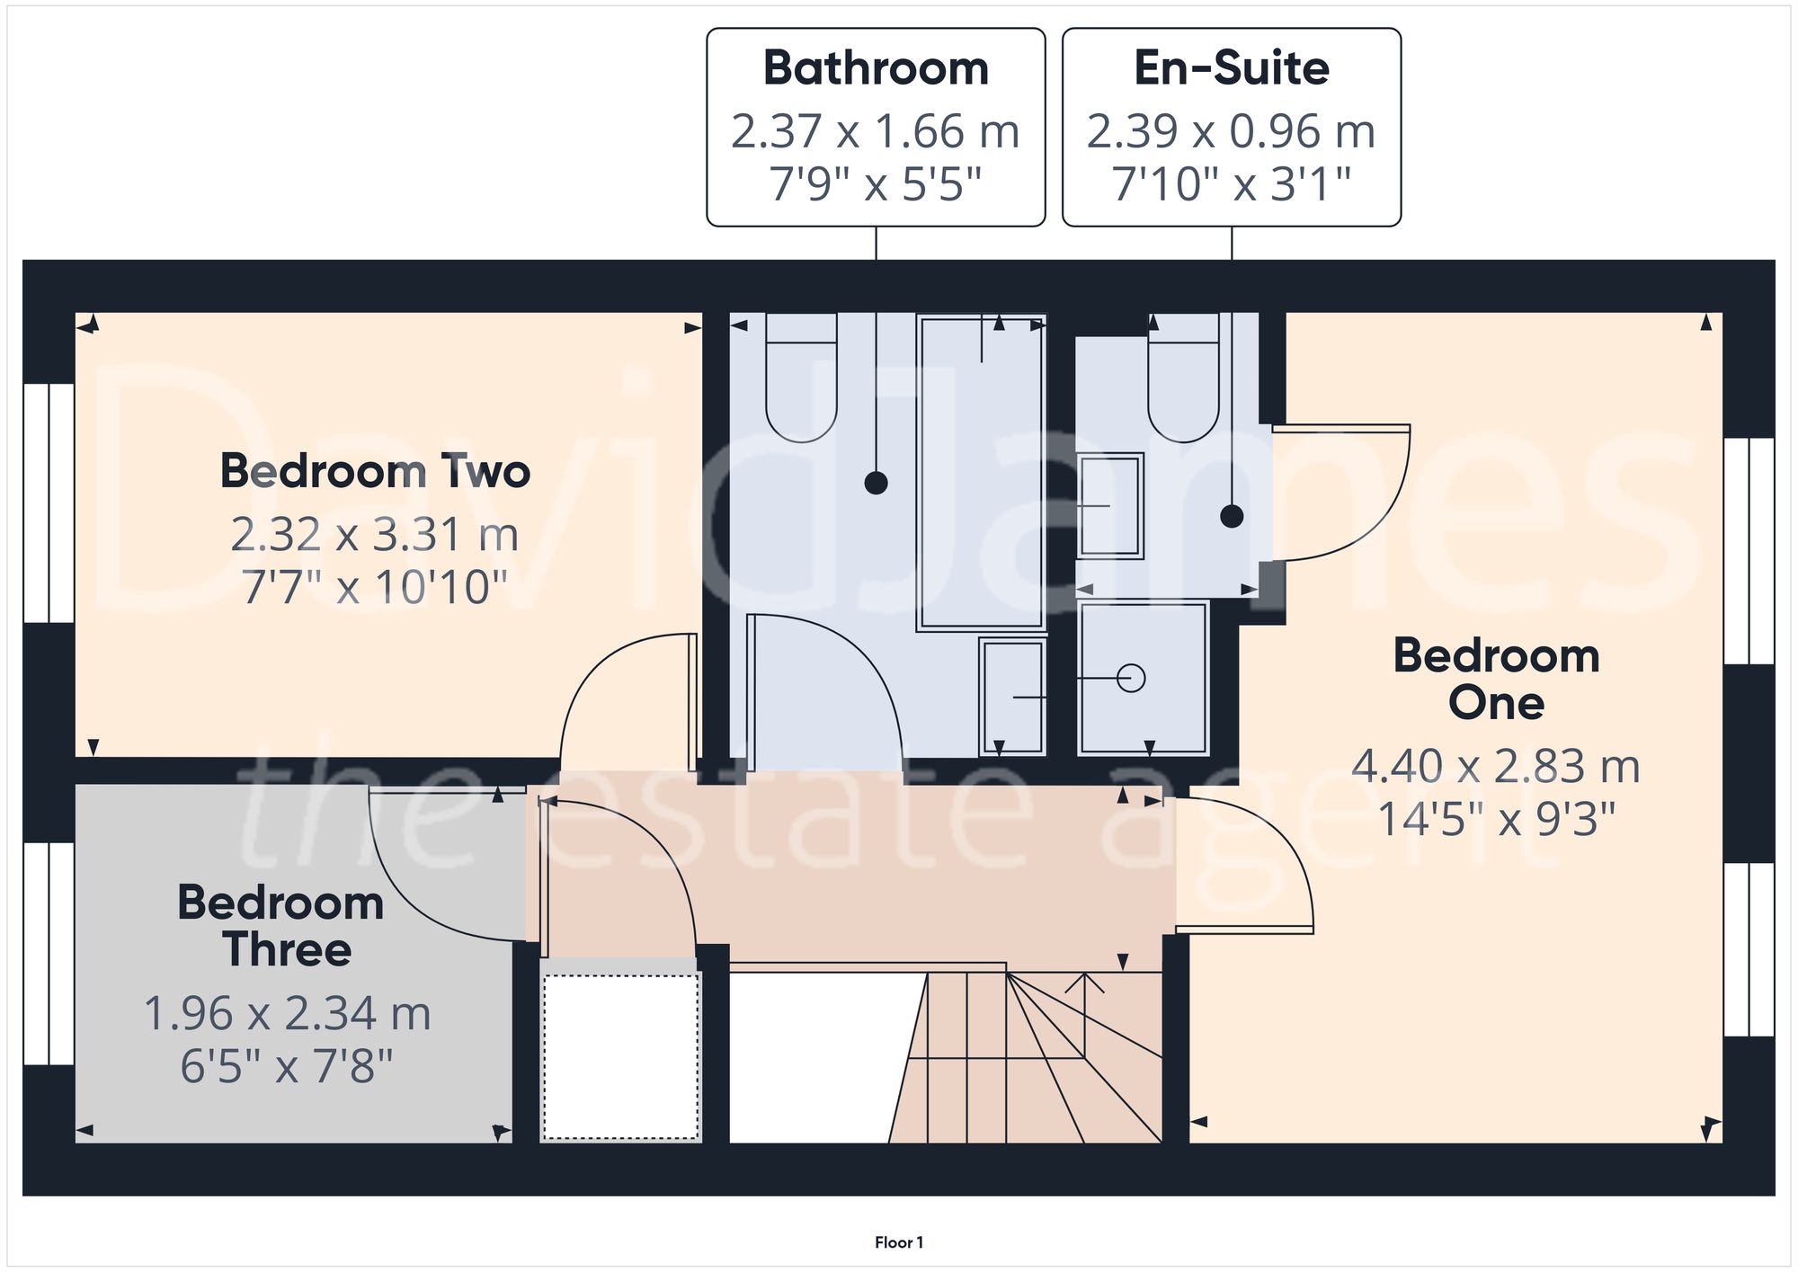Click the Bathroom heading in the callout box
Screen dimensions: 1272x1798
[x=876, y=68]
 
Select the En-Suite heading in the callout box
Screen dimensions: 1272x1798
[x=1231, y=68]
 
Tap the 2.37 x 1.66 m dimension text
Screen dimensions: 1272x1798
[x=875, y=131]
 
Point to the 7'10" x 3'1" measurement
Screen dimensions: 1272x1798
[x=1231, y=184]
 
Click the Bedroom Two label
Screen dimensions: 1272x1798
[x=375, y=471]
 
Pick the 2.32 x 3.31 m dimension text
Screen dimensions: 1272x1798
[x=375, y=535]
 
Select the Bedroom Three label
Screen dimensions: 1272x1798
[x=281, y=926]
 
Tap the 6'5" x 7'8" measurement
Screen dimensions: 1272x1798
[x=287, y=1067]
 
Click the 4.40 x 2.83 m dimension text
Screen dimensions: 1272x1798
[x=1496, y=767]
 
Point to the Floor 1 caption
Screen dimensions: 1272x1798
[x=898, y=1242]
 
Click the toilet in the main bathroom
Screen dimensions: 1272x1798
[x=801, y=382]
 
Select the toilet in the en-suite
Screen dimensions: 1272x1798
[x=1183, y=382]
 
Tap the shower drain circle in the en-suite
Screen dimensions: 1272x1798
[x=1131, y=678]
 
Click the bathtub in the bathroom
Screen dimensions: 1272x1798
[x=981, y=472]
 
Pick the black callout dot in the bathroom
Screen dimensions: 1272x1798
[x=876, y=483]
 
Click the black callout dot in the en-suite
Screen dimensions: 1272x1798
[x=1232, y=516]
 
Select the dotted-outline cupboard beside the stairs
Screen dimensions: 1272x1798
[x=620, y=1057]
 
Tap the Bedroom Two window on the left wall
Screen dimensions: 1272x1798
[x=49, y=503]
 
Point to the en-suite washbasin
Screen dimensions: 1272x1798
[x=1110, y=506]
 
